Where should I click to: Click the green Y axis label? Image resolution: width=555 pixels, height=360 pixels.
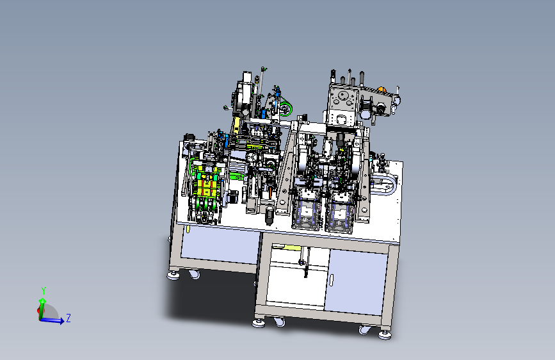(44, 291)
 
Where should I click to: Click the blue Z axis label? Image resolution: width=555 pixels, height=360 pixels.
(68, 318)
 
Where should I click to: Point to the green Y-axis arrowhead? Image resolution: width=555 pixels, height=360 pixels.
(42, 301)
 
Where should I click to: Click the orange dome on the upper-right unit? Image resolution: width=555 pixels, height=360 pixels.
(382, 89)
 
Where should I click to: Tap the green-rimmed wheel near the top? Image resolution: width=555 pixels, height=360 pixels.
(286, 108)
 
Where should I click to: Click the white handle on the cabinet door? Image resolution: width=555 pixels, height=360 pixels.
(332, 280)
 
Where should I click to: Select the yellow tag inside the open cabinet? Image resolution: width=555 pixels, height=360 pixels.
(292, 248)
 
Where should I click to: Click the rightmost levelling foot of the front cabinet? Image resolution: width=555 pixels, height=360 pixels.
(385, 334)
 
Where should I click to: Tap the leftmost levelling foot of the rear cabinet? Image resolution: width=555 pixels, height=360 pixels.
(173, 275)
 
